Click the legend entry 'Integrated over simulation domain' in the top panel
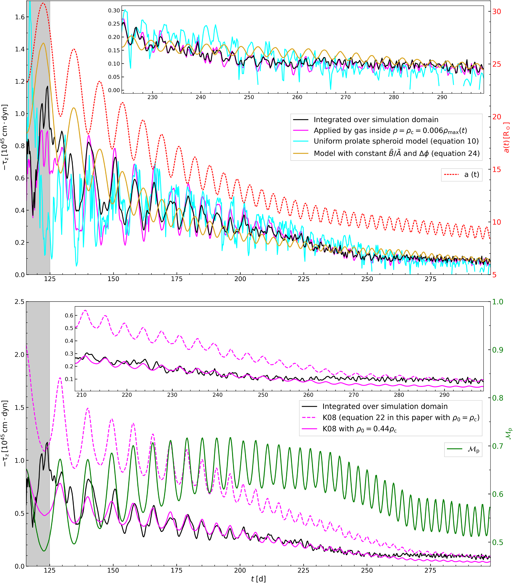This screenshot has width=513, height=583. (376, 119)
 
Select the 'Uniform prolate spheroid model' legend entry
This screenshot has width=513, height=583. (396, 141)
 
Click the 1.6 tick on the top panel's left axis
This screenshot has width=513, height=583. (20, 17)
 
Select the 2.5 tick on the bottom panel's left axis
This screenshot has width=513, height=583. (20, 302)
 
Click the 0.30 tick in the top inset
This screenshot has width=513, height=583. (114, 11)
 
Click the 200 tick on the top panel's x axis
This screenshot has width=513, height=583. (240, 279)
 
